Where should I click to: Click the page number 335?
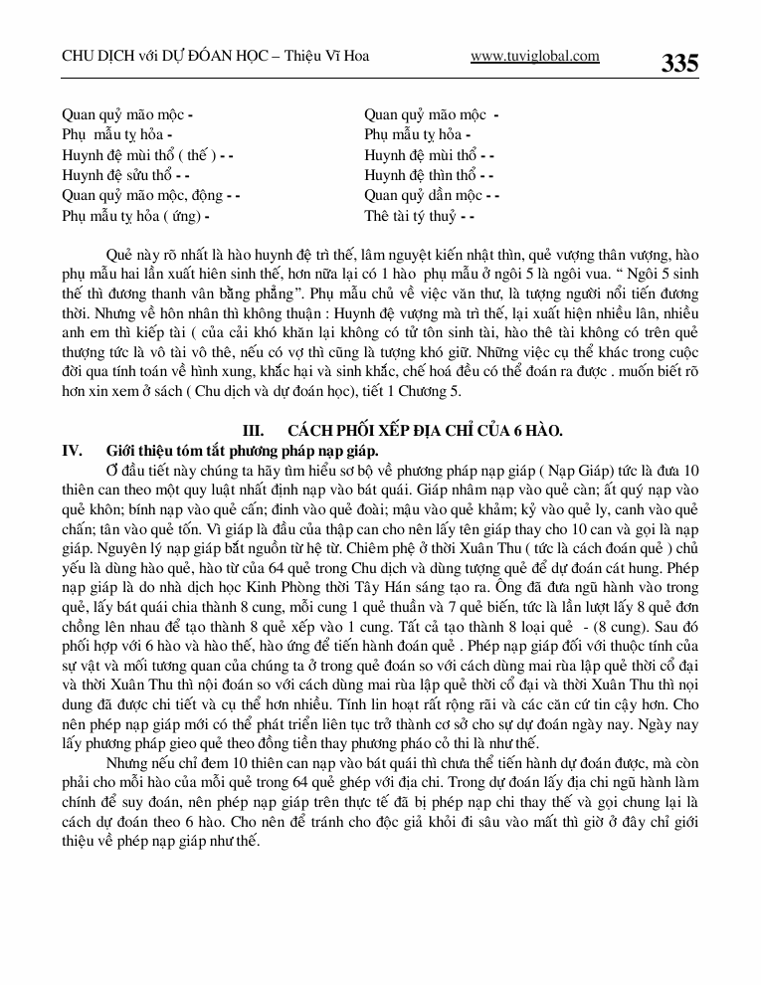(x=679, y=63)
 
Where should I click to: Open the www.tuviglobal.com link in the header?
(x=534, y=57)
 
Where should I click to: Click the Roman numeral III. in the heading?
(x=254, y=431)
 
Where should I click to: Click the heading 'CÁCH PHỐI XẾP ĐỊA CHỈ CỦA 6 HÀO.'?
(x=426, y=431)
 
